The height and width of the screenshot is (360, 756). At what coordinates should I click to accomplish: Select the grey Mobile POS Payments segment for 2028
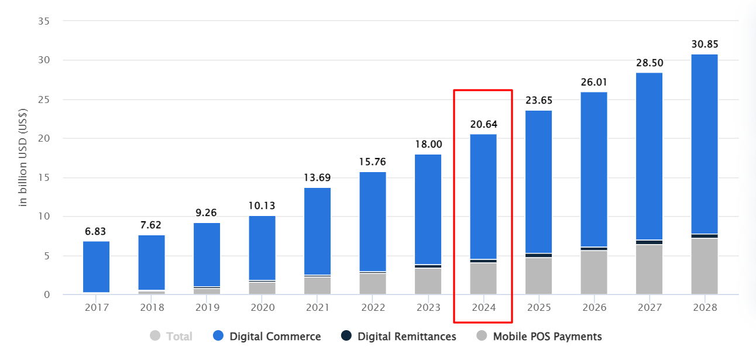704,266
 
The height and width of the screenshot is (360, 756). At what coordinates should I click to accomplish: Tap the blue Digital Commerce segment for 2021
317,231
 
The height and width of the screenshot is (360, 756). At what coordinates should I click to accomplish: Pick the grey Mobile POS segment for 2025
538,276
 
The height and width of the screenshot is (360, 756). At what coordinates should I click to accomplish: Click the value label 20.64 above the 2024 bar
483,124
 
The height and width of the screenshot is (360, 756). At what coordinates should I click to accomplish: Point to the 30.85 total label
704,44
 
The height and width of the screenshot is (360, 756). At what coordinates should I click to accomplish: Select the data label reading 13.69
317,177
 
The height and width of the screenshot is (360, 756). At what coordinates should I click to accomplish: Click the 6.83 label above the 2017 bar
96,231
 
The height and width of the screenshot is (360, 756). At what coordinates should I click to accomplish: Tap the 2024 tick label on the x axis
483,307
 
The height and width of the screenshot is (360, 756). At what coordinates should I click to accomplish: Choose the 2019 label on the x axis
207,307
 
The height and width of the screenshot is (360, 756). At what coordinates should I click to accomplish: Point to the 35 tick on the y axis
44,22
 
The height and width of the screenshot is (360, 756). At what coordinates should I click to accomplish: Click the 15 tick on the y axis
44,178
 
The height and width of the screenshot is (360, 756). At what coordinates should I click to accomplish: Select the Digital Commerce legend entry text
275,337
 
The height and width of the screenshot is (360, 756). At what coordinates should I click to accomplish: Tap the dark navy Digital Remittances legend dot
346,336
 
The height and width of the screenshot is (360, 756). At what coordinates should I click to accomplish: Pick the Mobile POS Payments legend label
547,337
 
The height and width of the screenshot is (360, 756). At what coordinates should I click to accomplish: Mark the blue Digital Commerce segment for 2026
594,170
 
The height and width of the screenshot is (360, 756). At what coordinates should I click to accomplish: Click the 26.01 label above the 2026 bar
594,82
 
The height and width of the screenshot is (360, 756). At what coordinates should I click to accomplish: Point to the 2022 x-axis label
373,307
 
